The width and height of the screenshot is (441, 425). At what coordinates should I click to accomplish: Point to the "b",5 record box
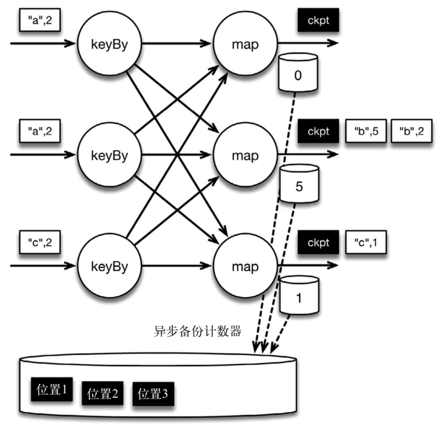pos(363,131)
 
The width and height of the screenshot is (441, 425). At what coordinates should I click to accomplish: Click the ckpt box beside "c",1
pos(318,242)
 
